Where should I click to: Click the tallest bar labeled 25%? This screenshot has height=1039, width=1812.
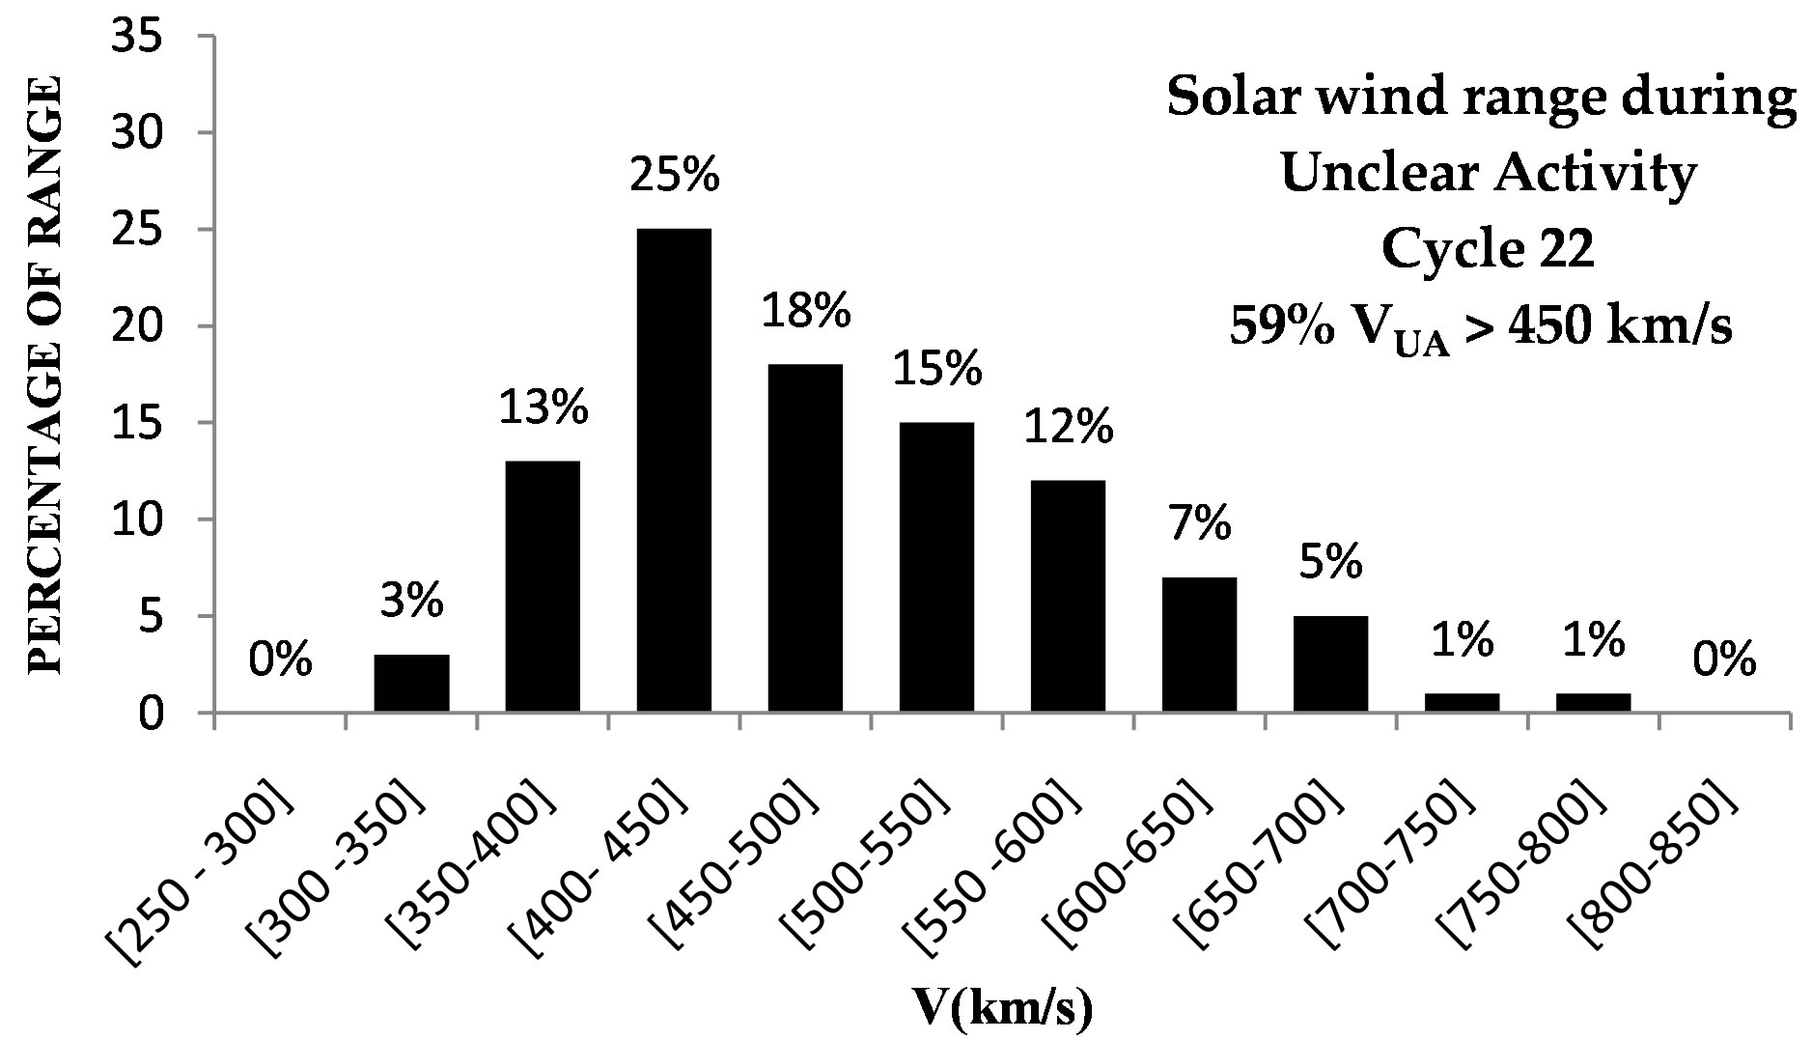click(x=674, y=470)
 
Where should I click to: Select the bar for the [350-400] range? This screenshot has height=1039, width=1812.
click(x=543, y=586)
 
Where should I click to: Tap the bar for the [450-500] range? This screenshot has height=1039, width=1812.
click(x=805, y=538)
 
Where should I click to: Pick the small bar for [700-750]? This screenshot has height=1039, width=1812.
click(x=1462, y=702)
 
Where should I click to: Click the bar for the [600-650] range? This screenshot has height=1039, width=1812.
click(x=1199, y=644)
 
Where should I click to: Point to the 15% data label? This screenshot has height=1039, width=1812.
click(x=936, y=370)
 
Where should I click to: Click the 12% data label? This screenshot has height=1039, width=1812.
click(x=1068, y=428)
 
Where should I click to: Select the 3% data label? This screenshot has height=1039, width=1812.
click(x=411, y=602)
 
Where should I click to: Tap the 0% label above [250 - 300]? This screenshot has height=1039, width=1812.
click(x=280, y=661)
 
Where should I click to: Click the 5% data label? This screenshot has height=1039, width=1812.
click(x=1330, y=562)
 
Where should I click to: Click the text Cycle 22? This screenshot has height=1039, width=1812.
click(x=1486, y=251)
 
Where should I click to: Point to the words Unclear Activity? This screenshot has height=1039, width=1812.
click(x=1487, y=174)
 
